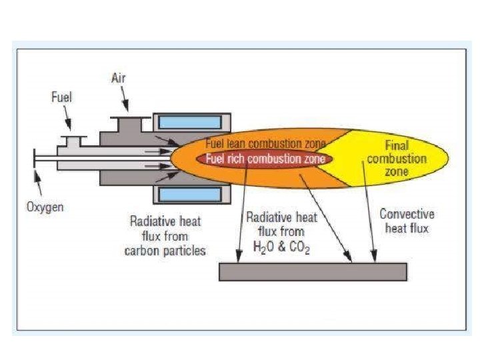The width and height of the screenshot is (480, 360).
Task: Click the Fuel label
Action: (x=61, y=97)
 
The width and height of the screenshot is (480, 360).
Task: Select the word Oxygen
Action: (x=45, y=207)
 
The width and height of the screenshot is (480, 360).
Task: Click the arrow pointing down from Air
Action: (x=126, y=101)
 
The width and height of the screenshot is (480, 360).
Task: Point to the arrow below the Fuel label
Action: (x=69, y=122)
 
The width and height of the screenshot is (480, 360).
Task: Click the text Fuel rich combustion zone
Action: (x=265, y=159)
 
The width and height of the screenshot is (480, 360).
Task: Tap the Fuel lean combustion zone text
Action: (x=265, y=144)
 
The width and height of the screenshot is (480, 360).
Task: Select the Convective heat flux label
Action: (x=407, y=221)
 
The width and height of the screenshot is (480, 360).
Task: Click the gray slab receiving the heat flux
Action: (x=313, y=271)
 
